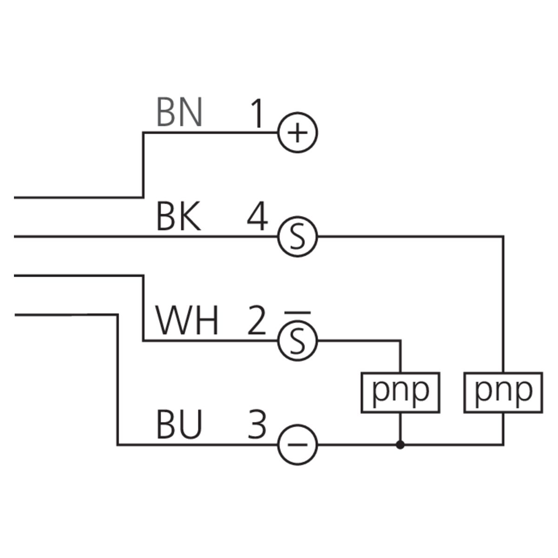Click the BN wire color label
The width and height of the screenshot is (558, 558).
click(179, 112)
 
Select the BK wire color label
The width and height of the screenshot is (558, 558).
click(179, 216)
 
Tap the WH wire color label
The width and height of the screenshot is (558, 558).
click(186, 320)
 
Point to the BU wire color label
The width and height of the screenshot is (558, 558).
click(179, 425)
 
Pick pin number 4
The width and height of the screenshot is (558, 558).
click(258, 216)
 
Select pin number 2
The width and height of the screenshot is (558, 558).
click(257, 320)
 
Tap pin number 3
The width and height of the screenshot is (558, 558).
click(257, 425)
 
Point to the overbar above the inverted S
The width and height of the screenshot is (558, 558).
click(298, 313)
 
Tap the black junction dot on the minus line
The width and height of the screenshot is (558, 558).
click(400, 445)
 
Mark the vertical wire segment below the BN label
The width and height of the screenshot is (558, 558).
click(143, 165)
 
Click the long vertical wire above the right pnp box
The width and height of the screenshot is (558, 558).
click(503, 304)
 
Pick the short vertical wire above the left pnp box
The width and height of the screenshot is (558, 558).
click(400, 357)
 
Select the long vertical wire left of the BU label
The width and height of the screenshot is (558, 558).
click(117, 379)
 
